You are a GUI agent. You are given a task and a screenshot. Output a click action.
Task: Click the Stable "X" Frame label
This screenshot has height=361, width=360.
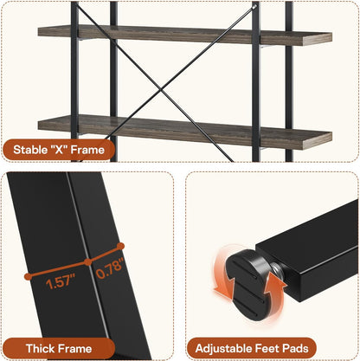point(59,150)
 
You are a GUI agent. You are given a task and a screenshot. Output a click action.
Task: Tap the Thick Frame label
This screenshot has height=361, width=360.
point(59,349)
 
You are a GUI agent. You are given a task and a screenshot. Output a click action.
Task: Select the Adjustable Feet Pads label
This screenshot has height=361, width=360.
point(252,348)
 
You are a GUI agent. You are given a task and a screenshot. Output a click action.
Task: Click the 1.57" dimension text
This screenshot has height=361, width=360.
point(61,281)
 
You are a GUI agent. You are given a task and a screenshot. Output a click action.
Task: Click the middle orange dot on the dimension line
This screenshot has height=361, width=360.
point(88,262)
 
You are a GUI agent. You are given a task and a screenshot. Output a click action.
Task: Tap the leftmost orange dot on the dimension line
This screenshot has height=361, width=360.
point(28,276)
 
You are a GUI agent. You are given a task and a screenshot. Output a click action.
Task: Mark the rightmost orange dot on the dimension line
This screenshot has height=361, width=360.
point(121,246)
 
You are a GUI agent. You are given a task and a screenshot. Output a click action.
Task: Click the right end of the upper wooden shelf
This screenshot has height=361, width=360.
point(331,39)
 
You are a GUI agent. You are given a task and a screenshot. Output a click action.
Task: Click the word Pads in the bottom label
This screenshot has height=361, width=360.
point(295,348)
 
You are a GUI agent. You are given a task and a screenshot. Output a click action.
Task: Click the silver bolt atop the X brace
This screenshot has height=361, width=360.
point(254,6)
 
